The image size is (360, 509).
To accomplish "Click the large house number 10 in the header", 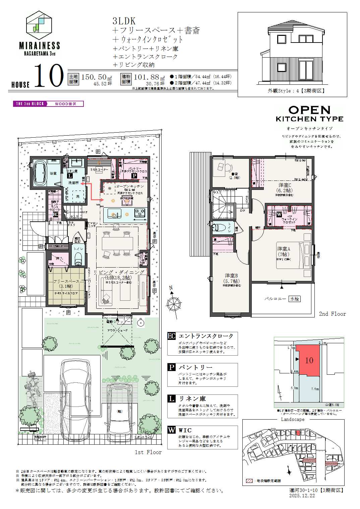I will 49,76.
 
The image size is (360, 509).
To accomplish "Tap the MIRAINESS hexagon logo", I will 39,25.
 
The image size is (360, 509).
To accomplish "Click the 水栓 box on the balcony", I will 295,299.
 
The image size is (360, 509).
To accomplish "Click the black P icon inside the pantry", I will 134,175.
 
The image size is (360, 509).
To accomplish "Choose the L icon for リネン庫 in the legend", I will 172,399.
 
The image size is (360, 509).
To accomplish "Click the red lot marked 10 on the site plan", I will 308,361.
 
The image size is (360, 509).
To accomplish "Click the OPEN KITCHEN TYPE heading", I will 309,114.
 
